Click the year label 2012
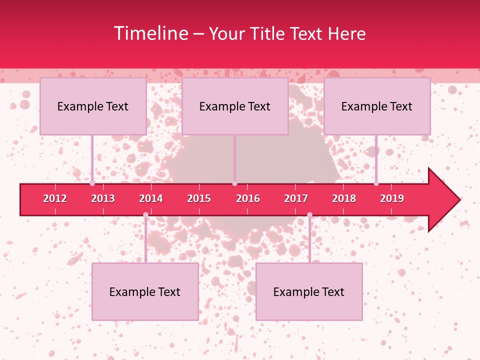point(55,198)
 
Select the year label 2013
point(103,198)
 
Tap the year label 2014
point(151,198)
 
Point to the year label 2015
point(199,198)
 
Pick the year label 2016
point(248,198)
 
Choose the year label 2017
point(296,198)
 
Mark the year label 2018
point(344,198)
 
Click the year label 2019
point(392,198)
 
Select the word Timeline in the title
point(150,33)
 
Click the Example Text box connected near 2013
point(93,106)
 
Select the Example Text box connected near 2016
point(235,106)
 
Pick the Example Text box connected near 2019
point(377,106)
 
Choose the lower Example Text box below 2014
point(145,291)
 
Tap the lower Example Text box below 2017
point(309,291)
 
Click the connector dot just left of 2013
point(92,183)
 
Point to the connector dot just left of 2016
point(234,183)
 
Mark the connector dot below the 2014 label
point(145,215)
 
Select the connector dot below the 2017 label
point(309,215)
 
